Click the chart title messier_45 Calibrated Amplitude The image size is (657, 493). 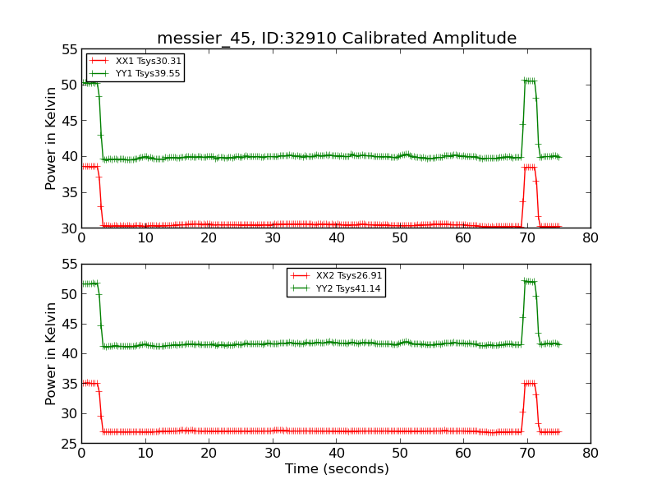[337, 38]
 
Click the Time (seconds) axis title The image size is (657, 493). [337, 469]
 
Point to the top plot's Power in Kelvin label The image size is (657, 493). [51, 138]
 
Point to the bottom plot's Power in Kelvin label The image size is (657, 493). [51, 353]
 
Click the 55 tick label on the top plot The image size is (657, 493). [69, 49]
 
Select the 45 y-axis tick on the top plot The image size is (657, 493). [69, 121]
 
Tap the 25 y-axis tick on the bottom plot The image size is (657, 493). [69, 443]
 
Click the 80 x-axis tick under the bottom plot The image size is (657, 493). [590, 452]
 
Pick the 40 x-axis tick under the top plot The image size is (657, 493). [336, 237]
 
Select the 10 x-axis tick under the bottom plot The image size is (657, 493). [145, 452]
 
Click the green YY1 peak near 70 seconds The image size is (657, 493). [530, 81]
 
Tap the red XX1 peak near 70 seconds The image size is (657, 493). [530, 167]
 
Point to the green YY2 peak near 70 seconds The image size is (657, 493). [530, 282]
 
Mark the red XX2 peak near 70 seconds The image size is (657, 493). [530, 383]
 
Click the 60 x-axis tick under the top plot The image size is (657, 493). [463, 237]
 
